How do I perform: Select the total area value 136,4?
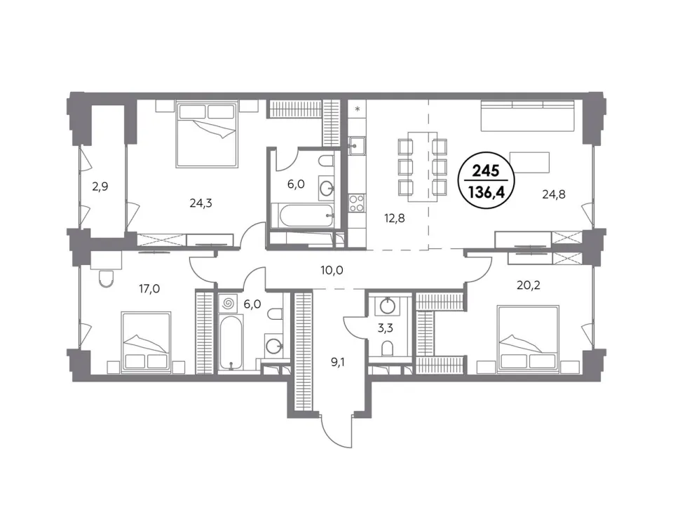(x=486, y=192)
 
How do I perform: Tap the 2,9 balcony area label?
(x=100, y=187)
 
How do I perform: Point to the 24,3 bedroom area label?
(x=201, y=203)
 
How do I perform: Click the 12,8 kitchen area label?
(x=394, y=219)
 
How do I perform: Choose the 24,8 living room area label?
(x=554, y=194)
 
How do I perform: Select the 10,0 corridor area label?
(x=332, y=270)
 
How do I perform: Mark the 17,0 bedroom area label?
(x=149, y=288)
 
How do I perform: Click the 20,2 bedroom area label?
(x=529, y=285)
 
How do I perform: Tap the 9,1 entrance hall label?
(x=338, y=363)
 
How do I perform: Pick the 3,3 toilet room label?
(x=386, y=328)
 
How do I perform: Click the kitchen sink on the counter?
(x=357, y=145)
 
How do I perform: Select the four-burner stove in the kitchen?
(x=357, y=203)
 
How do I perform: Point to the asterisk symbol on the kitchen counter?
(x=357, y=109)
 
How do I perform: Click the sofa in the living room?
(x=527, y=116)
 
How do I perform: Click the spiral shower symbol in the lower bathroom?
(x=229, y=304)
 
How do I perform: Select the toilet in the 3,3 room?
(x=387, y=349)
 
